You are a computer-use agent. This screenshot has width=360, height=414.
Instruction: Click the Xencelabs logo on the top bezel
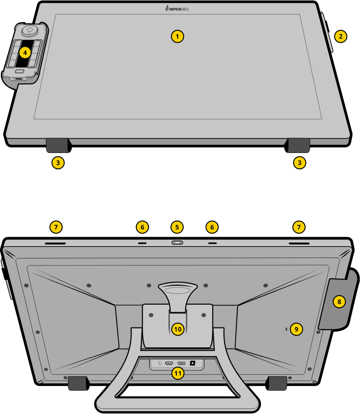pyautogui.click(x=177, y=8)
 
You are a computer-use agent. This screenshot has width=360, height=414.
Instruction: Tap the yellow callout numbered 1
pyautogui.click(x=178, y=36)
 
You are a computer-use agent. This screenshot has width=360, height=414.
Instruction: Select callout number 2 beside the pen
pyautogui.click(x=341, y=36)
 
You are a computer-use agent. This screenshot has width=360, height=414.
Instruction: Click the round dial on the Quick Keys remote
pyautogui.click(x=29, y=30)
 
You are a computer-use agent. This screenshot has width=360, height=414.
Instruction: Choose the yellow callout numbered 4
pyautogui.click(x=25, y=53)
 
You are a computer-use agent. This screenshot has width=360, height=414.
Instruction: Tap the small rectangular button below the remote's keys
pyautogui.click(x=19, y=72)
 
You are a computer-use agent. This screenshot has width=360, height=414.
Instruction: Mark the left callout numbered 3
pyautogui.click(x=58, y=162)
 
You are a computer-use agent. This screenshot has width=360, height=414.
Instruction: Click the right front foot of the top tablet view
pyautogui.click(x=298, y=145)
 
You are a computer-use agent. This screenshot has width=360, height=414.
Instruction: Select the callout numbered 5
pyautogui.click(x=177, y=227)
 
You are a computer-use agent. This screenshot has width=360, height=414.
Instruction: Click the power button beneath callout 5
pyautogui.click(x=177, y=243)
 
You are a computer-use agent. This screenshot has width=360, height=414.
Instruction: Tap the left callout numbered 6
pyautogui.click(x=142, y=227)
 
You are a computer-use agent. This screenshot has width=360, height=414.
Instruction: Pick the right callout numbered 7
pyautogui.click(x=299, y=227)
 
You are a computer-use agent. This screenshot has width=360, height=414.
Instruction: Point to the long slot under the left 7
pyautogui.click(x=55, y=243)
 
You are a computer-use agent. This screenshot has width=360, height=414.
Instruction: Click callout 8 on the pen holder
pyautogui.click(x=339, y=301)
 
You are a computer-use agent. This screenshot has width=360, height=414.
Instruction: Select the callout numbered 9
pyautogui.click(x=296, y=329)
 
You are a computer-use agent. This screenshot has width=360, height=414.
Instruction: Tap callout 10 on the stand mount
pyautogui.click(x=178, y=329)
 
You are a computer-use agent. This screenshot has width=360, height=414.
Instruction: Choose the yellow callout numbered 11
pyautogui.click(x=178, y=373)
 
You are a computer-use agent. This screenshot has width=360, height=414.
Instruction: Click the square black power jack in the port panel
pyautogui.click(x=193, y=363)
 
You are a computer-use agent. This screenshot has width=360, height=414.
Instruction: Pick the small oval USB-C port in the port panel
pyautogui.click(x=159, y=363)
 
